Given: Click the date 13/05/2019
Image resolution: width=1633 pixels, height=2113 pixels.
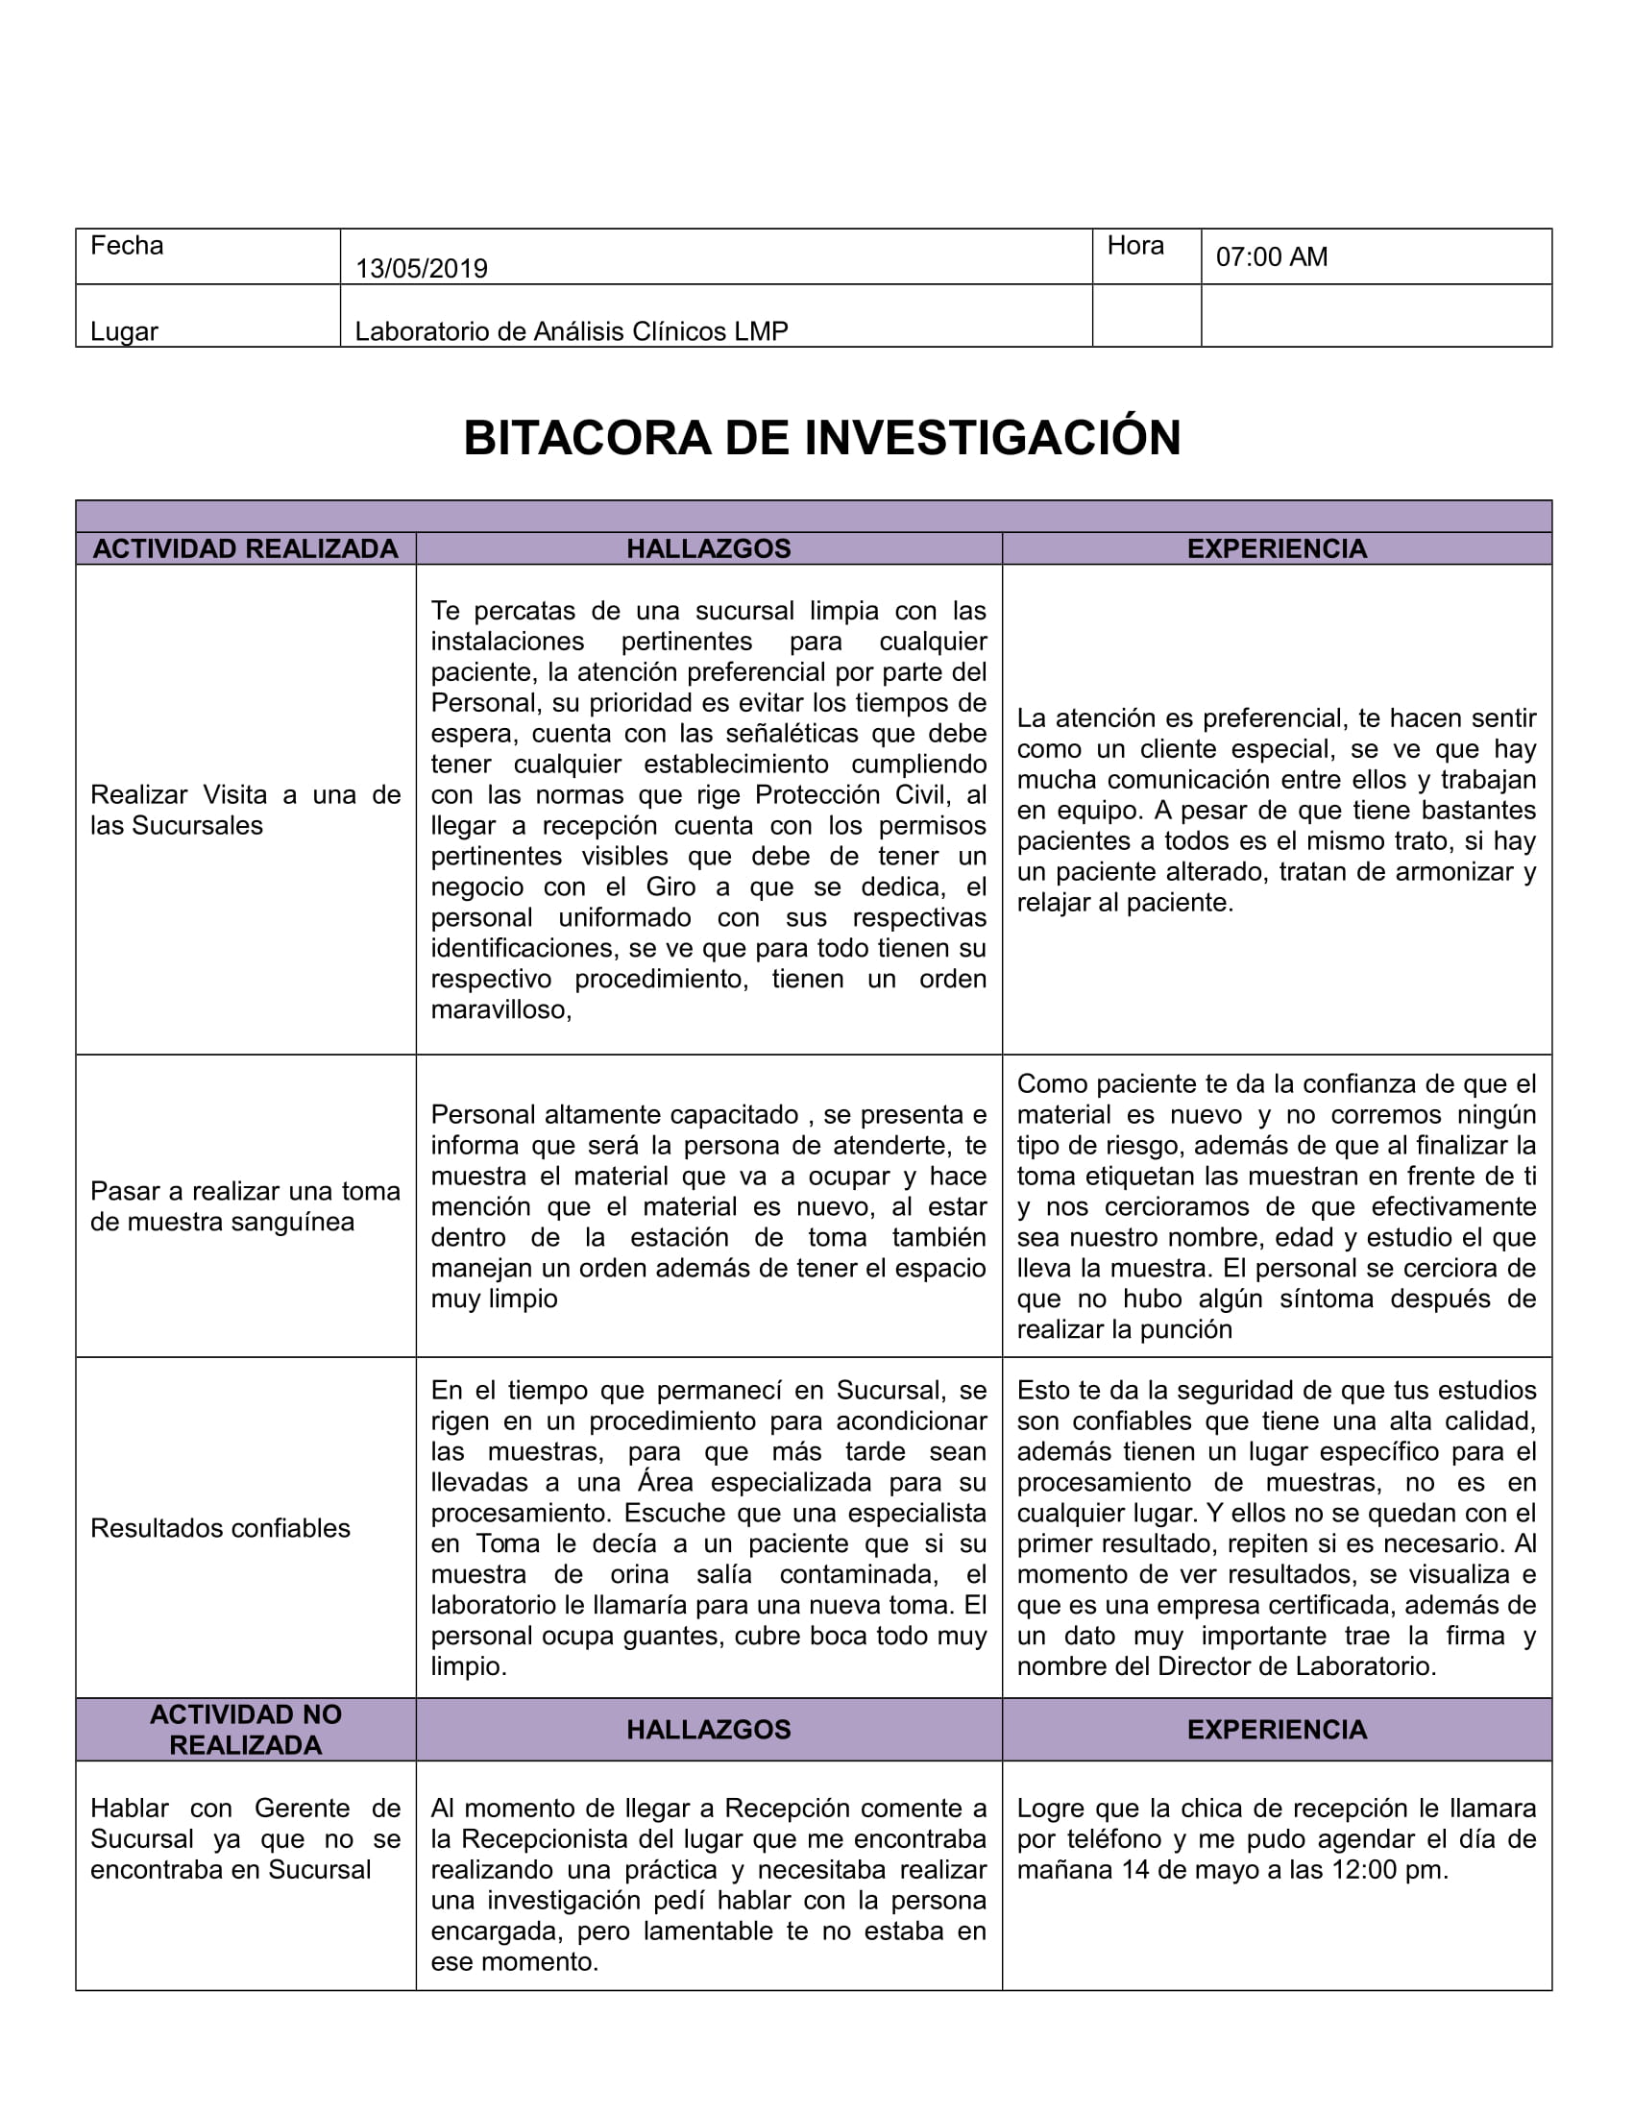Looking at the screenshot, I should [x=421, y=268].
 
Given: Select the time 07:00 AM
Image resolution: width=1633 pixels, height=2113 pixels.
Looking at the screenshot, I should [x=1271, y=256].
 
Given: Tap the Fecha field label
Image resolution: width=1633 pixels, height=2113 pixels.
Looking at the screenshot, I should [x=127, y=246].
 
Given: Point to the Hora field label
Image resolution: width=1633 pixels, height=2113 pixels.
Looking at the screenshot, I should [x=1134, y=246].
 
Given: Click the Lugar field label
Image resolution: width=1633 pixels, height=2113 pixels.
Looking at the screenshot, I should [x=124, y=331].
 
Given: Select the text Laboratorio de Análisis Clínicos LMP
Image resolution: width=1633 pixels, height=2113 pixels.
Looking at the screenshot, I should [x=571, y=331].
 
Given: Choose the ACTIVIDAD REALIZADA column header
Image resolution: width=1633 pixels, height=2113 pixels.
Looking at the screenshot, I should [x=246, y=548].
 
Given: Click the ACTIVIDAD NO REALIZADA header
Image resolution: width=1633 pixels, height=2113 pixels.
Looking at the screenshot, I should [x=246, y=1729].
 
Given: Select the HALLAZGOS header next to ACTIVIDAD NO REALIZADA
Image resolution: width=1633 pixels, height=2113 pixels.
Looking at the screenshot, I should [x=708, y=1729].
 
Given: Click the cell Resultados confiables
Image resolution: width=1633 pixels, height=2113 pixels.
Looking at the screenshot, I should [x=221, y=1528].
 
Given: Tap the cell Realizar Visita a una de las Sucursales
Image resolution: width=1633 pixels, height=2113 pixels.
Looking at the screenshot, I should [x=246, y=810].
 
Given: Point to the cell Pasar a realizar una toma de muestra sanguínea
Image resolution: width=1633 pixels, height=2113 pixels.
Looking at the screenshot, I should [x=246, y=1205].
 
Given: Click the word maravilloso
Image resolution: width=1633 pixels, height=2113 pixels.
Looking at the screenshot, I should [x=500, y=1009].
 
